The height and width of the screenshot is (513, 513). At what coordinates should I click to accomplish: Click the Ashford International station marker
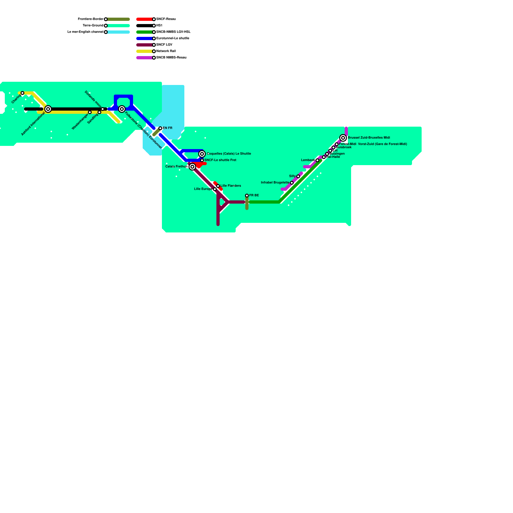click(48, 109)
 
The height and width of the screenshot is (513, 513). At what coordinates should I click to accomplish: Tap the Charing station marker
click(22, 93)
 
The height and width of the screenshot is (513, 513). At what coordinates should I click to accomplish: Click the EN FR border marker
click(160, 128)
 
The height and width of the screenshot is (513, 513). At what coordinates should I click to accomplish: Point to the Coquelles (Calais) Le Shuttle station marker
click(202, 154)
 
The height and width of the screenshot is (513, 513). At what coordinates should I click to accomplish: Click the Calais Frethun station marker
click(192, 167)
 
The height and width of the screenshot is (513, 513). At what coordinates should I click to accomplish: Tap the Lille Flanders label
click(231, 186)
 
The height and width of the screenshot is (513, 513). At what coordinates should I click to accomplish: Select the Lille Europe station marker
click(215, 189)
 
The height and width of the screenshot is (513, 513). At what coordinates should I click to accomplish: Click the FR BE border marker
click(247, 196)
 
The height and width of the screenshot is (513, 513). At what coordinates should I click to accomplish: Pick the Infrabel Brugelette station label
click(275, 183)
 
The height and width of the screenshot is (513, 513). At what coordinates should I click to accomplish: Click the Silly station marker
click(298, 176)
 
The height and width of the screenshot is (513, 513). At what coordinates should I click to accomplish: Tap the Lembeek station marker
click(317, 160)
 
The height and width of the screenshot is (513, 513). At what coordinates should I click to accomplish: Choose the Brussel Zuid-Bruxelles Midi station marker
click(343, 138)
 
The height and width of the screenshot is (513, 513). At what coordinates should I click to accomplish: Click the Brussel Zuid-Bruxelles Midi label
click(369, 138)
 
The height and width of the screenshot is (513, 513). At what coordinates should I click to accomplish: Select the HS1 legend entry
click(159, 26)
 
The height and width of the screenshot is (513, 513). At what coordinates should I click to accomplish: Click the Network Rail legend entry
click(166, 51)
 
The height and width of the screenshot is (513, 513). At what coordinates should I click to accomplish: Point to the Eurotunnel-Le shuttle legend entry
click(172, 38)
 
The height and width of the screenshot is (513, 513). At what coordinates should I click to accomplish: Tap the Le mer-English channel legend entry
click(85, 32)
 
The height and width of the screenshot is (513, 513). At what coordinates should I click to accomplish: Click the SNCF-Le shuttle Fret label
click(220, 160)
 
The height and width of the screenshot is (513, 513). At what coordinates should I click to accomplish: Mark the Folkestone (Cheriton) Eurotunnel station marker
click(122, 109)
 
